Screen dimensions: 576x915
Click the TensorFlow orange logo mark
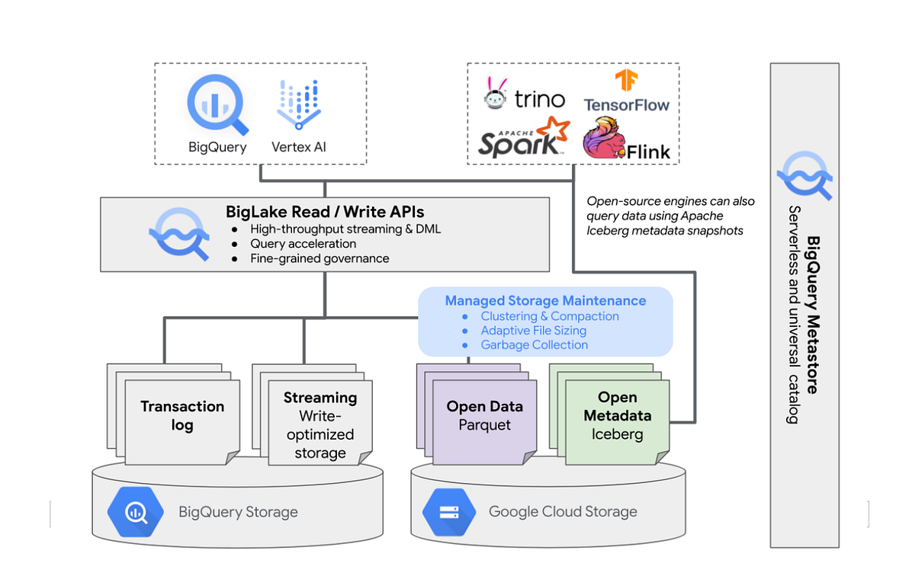[626, 81]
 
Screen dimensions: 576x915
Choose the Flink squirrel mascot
[602, 139]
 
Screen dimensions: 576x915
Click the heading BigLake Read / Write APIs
[325, 212]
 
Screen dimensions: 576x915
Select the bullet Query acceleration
[303, 244]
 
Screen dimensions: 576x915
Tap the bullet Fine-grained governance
[319, 258]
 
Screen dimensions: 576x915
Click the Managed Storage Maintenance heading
[545, 301]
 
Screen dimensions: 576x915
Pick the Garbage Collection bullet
[534, 344]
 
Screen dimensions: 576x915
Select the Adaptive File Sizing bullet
[533, 331]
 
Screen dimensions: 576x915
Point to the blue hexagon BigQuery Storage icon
[136, 511]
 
